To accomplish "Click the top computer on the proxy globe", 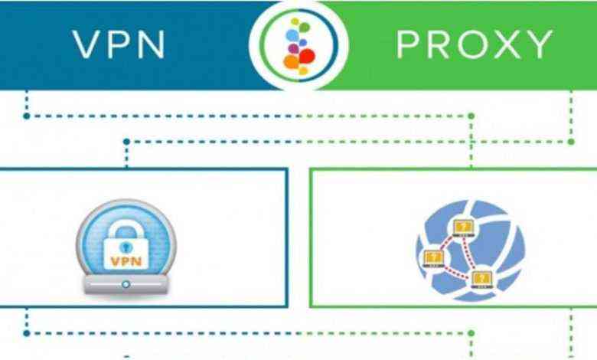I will pos(463,227).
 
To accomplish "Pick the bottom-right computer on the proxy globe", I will pos(481,277).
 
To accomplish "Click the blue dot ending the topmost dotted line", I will pos(26,116).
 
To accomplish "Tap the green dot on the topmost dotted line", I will pos(471,116).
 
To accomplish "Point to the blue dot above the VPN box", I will pos(127,142).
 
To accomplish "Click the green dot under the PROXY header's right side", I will pos(572,142).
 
